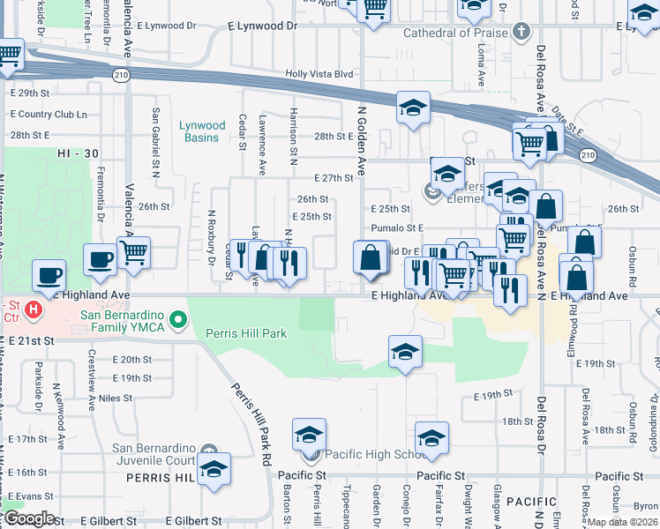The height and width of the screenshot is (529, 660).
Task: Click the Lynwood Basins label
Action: (202, 131)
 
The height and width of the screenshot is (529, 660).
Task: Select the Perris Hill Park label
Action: (246, 333)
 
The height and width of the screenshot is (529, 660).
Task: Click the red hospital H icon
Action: (33, 309)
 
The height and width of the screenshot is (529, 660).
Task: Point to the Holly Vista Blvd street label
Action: (319, 76)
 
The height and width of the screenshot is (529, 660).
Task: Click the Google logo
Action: (28, 518)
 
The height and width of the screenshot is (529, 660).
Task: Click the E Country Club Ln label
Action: (49, 114)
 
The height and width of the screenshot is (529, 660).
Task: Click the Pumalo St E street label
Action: (397, 227)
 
